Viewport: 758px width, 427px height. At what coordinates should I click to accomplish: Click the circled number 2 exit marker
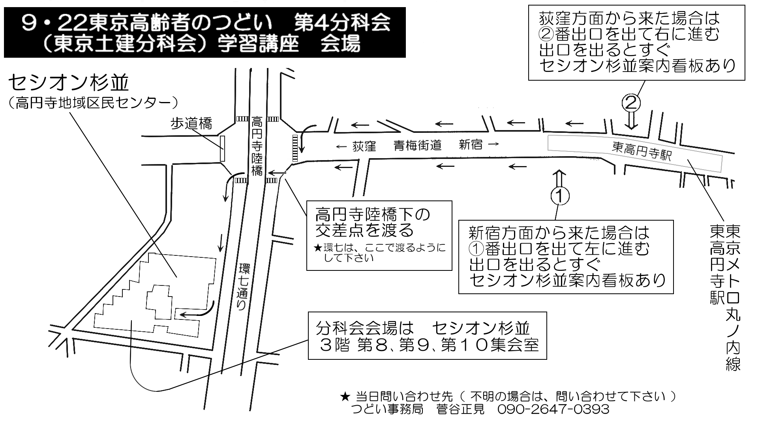(x=631, y=103)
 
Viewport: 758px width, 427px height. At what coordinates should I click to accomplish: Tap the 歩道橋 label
(x=191, y=124)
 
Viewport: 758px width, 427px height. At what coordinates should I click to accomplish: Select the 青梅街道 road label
(x=417, y=146)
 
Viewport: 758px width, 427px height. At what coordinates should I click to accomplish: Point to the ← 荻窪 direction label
(x=355, y=147)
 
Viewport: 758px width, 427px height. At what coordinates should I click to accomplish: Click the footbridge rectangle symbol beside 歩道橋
(x=222, y=148)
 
